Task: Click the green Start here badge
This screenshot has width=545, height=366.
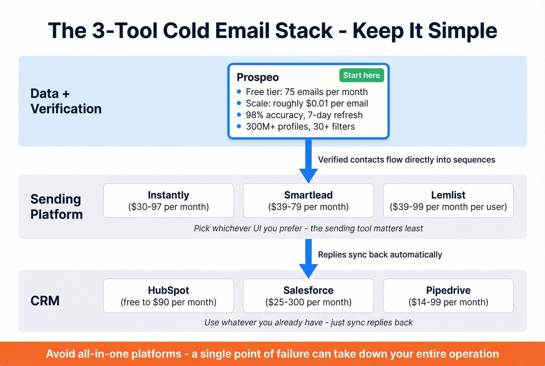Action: pos(361,75)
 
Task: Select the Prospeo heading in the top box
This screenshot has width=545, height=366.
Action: pos(258,77)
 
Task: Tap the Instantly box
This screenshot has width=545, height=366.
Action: pos(168,200)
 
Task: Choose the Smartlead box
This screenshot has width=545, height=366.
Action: pos(308,200)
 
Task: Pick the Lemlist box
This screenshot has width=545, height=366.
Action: pos(448,200)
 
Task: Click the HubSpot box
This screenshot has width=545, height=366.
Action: pos(168,295)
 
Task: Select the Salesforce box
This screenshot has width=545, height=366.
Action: pos(308,295)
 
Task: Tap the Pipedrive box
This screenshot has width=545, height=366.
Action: pos(448,295)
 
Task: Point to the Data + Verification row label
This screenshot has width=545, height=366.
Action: pos(66,101)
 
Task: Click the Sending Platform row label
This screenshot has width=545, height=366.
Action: pos(56,207)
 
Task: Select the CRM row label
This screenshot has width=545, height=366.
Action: pos(45,301)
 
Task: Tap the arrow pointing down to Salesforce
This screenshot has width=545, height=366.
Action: pos(308,257)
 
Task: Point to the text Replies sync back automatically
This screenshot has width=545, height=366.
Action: pos(380,255)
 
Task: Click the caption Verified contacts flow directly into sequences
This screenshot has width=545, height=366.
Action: pos(406,160)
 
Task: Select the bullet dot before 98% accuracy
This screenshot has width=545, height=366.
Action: pos(239,115)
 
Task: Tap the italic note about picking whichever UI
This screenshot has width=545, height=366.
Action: pos(308,228)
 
